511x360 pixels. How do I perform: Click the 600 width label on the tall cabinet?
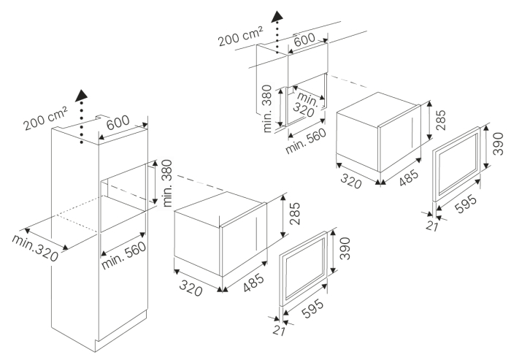pos(118,123)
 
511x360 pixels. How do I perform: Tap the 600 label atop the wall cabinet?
pos(304,39)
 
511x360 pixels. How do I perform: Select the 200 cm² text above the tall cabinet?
pos(45,118)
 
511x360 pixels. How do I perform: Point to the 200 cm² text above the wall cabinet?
pos(240,37)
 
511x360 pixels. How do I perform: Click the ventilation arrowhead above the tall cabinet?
pos(81,96)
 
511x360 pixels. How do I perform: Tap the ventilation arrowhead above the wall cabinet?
pos(277,16)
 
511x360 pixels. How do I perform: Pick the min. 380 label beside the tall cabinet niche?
pos(167,183)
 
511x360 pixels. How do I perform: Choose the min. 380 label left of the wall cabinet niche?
pos(267,108)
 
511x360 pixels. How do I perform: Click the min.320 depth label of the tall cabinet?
pos(35,248)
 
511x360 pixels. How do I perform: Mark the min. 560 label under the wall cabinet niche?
pos(306,141)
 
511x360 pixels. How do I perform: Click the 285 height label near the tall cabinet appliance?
pos(293,213)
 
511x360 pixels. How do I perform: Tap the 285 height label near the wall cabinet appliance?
pos(440,120)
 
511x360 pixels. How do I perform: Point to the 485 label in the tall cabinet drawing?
pos(253,283)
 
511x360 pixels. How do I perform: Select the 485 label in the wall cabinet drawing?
pos(409,177)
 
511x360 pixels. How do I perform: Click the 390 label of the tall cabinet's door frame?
pos(344,248)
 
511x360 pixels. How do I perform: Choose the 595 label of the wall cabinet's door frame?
pos(466,204)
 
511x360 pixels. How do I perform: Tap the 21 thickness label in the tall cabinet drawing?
pos(279,331)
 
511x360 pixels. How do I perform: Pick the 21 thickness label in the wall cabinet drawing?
pos(432,226)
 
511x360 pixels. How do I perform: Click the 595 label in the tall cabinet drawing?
pos(312,308)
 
